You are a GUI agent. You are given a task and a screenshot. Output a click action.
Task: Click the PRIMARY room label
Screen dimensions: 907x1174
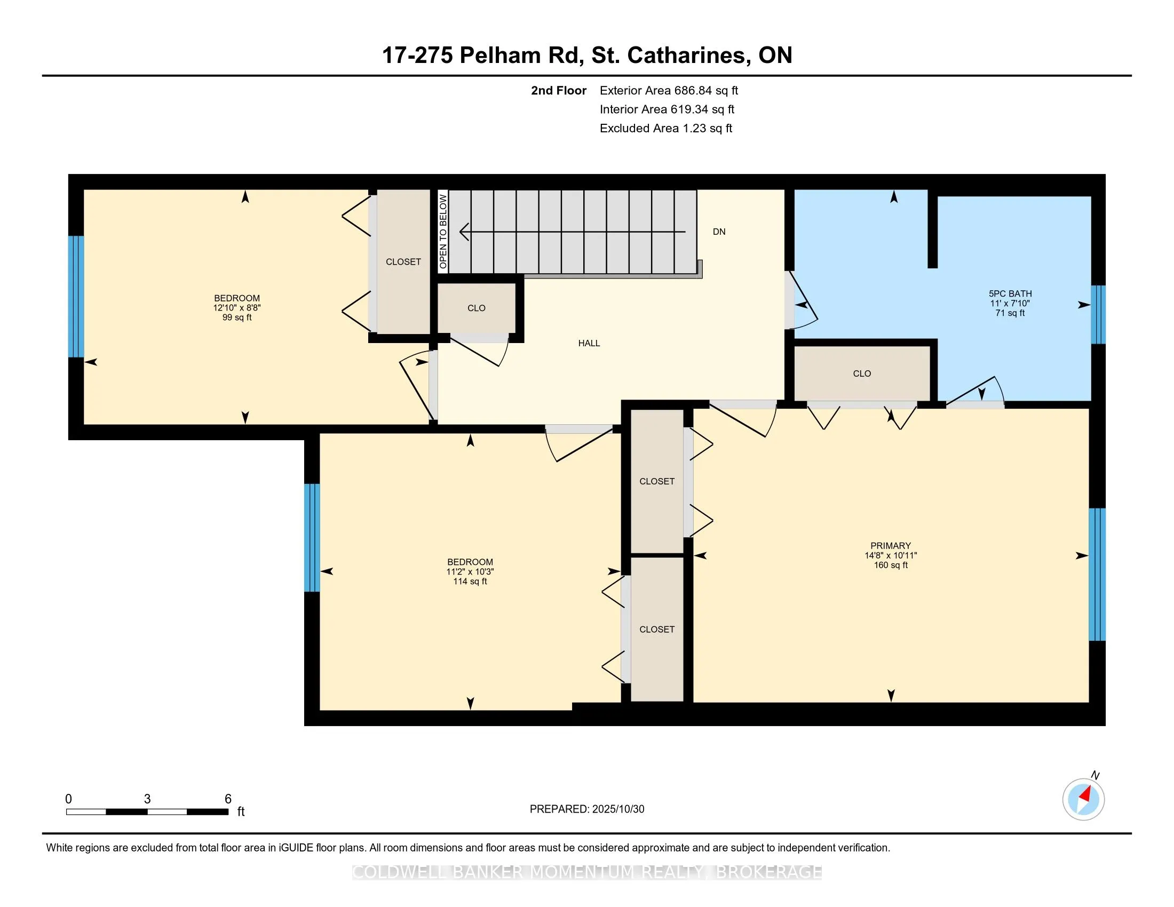pos(891,545)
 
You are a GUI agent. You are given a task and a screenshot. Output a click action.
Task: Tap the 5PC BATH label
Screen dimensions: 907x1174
pos(1010,293)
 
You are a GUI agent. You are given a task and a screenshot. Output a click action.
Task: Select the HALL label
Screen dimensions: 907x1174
pos(589,344)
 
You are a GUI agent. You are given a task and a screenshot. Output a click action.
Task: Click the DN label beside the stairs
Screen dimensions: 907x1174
pos(719,232)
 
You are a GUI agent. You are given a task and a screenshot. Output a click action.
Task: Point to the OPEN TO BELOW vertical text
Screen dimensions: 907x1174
pos(443,232)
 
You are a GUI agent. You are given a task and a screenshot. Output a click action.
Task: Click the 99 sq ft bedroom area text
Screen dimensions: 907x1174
pos(236,317)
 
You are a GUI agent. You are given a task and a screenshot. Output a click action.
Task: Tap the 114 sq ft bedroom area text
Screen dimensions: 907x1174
pos(470,582)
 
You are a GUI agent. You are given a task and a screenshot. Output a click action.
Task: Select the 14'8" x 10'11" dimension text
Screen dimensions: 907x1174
pos(891,555)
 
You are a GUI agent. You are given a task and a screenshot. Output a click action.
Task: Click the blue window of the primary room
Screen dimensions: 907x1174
pos(1097,575)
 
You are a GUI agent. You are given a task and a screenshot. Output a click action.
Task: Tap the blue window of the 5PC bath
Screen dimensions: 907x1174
pos(1098,314)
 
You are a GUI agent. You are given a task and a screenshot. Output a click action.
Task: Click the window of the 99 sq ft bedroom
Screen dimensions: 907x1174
pos(76,297)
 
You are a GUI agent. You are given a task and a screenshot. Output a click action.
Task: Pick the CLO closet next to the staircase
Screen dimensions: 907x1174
pos(476,308)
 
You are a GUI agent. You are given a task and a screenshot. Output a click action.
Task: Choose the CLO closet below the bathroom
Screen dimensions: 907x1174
pos(862,373)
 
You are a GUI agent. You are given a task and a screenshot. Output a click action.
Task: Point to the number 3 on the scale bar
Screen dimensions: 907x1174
pos(147,799)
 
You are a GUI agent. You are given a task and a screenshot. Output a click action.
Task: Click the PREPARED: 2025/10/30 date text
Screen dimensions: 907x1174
pos(586,809)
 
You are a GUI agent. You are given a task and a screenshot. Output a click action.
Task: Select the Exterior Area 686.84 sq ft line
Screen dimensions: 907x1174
pos(669,90)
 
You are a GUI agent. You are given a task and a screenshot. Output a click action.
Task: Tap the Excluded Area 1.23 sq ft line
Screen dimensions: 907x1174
pos(665,128)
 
